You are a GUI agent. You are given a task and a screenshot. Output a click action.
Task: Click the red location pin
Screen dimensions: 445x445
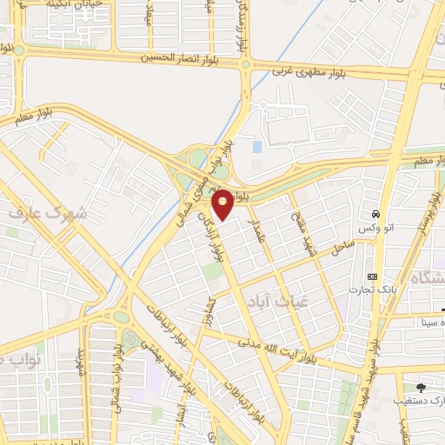click(223, 203)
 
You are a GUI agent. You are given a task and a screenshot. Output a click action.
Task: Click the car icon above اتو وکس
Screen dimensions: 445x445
click(375, 214)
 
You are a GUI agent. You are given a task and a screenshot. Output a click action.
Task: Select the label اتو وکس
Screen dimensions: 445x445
click(376, 228)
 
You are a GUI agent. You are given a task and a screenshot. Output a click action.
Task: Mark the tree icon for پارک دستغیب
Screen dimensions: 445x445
click(422, 388)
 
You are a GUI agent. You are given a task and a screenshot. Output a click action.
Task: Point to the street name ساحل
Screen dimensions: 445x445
click(335, 251)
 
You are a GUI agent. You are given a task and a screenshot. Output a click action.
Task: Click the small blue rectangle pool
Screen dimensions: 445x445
click(256, 146)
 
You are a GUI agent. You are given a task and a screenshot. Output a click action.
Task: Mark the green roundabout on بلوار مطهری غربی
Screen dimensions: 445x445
click(246, 63)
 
